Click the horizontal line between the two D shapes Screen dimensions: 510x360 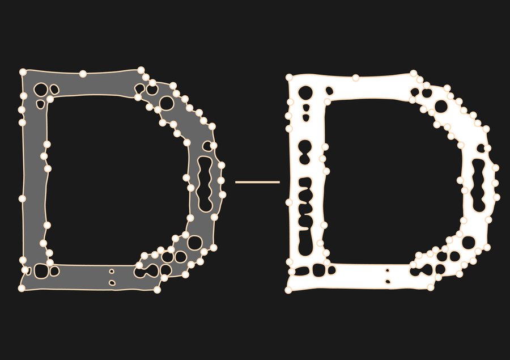pyautogui.click(x=257, y=182)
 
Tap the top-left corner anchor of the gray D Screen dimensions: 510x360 pyautogui.click(x=23, y=71)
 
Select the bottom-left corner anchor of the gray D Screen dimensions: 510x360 pyautogui.click(x=22, y=288)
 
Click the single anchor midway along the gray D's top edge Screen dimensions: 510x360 pyautogui.click(x=83, y=74)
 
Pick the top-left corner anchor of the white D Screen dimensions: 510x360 pyautogui.click(x=289, y=77)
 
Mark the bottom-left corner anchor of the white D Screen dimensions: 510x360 pyautogui.click(x=288, y=290)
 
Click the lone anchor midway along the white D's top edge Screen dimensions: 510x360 pyautogui.click(x=356, y=78)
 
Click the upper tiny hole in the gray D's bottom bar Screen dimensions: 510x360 pyautogui.click(x=112, y=271)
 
